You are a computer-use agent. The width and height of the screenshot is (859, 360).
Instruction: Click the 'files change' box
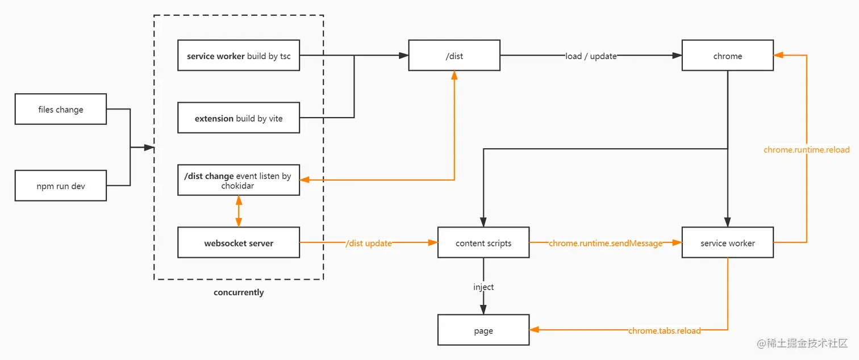click(61, 109)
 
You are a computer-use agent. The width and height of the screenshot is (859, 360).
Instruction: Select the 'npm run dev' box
click(61, 186)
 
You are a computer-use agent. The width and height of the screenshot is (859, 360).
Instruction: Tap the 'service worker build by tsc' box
click(239, 56)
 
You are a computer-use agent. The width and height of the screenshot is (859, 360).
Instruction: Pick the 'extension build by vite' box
click(239, 118)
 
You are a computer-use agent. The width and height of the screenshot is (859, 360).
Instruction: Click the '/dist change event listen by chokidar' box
click(239, 180)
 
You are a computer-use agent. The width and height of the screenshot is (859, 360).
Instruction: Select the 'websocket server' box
click(239, 243)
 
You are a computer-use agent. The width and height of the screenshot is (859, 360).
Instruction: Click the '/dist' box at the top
click(454, 56)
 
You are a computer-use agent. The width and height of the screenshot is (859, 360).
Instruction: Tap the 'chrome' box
click(727, 56)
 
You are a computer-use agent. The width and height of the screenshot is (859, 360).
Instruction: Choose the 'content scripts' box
click(483, 243)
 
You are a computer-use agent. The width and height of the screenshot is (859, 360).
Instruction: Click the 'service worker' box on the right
click(727, 243)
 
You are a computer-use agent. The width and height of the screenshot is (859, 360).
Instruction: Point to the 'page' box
click(483, 330)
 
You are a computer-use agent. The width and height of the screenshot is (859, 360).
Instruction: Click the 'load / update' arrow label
click(591, 56)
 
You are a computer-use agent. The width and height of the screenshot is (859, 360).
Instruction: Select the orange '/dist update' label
click(369, 243)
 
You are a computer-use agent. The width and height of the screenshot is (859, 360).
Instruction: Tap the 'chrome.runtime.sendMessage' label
click(606, 243)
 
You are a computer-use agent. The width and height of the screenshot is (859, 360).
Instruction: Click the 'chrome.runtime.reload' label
click(806, 150)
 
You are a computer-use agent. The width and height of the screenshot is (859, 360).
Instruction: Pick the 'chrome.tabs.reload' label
click(664, 330)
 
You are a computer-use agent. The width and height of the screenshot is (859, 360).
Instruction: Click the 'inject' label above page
click(483, 287)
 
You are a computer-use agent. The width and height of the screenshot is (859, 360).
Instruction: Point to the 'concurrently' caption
click(239, 292)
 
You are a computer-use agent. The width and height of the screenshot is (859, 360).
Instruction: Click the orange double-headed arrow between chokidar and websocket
click(239, 211)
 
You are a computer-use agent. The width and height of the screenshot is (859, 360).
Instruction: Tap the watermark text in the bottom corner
click(802, 344)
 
